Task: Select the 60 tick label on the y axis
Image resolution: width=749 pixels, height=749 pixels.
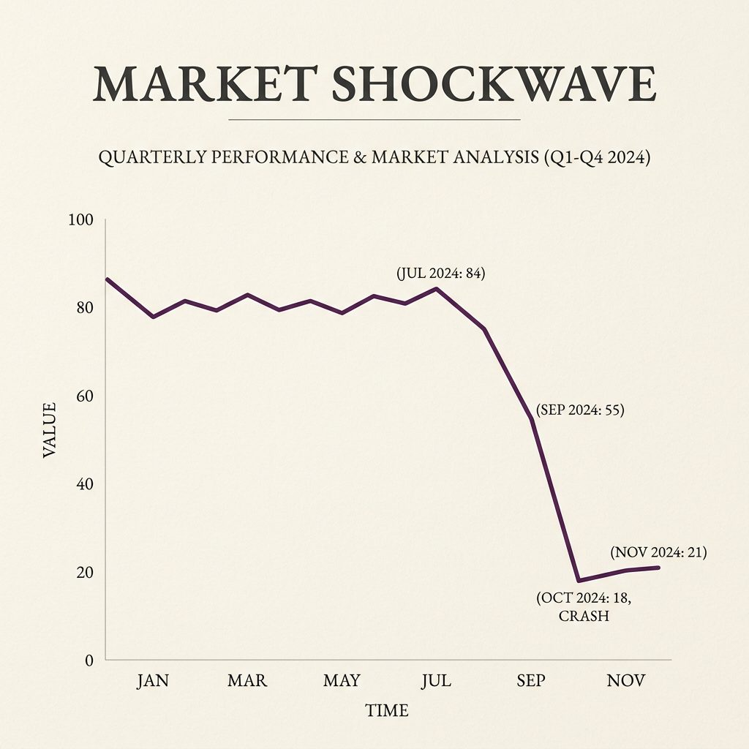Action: (85, 396)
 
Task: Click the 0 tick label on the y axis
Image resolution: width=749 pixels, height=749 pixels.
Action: (89, 660)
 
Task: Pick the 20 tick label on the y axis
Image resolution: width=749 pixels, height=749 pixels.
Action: (85, 572)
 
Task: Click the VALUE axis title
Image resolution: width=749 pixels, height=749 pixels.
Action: (49, 429)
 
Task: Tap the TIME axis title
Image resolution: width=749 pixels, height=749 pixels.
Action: (387, 710)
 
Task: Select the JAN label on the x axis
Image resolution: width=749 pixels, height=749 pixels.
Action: (153, 681)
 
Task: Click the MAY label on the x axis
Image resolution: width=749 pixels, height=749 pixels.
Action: (342, 681)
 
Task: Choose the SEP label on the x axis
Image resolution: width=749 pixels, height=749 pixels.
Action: (530, 681)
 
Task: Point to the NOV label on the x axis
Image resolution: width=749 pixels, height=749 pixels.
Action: (626, 681)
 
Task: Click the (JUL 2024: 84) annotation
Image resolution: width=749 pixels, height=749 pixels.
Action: (440, 274)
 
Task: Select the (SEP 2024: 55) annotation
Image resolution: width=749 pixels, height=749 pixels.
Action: (579, 410)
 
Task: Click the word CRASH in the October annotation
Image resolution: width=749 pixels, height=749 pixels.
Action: (584, 616)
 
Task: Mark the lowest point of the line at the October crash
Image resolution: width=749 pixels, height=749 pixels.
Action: (579, 581)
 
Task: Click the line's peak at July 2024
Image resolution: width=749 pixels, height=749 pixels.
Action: (437, 288)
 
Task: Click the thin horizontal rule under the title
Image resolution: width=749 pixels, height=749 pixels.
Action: (374, 118)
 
